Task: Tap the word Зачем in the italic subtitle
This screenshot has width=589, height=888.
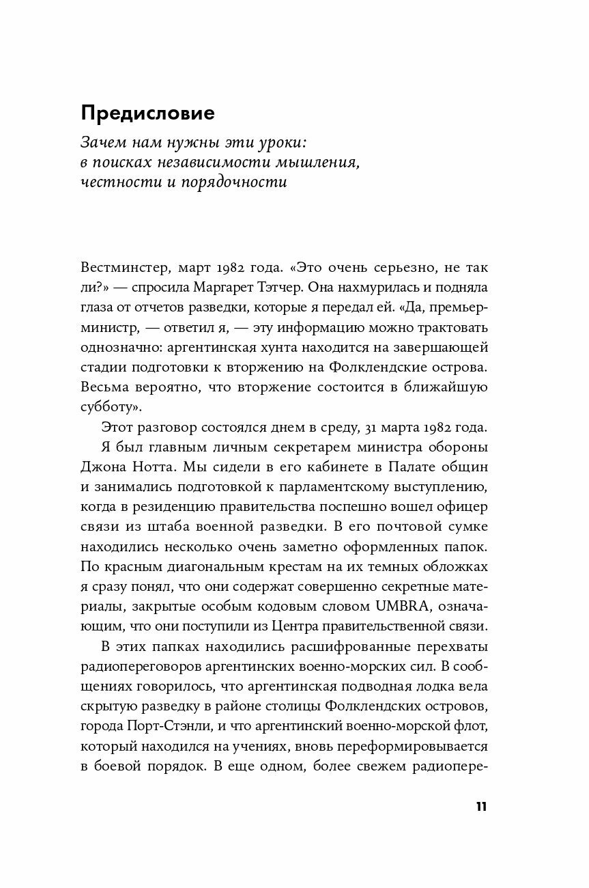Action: pyautogui.click(x=105, y=144)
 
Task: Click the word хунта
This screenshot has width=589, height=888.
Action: pyautogui.click(x=296, y=347)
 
